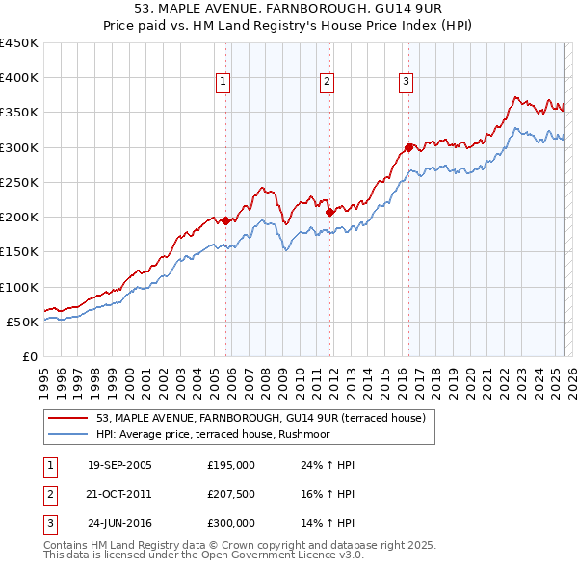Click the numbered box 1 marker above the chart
click(223, 82)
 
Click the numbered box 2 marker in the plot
click(327, 82)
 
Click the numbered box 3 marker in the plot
click(407, 82)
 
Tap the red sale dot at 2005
click(226, 220)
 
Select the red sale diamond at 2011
click(329, 212)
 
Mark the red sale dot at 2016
click(409, 147)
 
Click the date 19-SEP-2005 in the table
click(119, 465)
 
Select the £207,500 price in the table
click(231, 494)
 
